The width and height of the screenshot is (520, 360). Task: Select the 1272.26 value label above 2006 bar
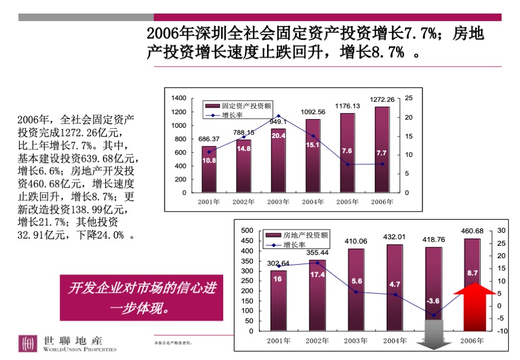382,99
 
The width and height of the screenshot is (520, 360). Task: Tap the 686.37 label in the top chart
209,139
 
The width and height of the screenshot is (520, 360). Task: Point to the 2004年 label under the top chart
313,202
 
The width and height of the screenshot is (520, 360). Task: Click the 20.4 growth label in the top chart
278,136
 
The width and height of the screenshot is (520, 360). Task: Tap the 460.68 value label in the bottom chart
472,231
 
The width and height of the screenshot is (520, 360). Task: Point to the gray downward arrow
433,334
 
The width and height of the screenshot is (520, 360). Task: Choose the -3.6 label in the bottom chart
433,300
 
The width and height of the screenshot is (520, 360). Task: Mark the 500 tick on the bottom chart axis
247,231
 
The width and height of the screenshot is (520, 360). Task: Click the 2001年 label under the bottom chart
278,341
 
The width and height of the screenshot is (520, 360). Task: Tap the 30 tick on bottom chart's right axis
501,231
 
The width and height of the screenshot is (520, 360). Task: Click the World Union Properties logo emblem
28,344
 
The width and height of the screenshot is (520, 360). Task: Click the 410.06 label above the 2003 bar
355,241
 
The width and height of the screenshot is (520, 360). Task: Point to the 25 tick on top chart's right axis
409,98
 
